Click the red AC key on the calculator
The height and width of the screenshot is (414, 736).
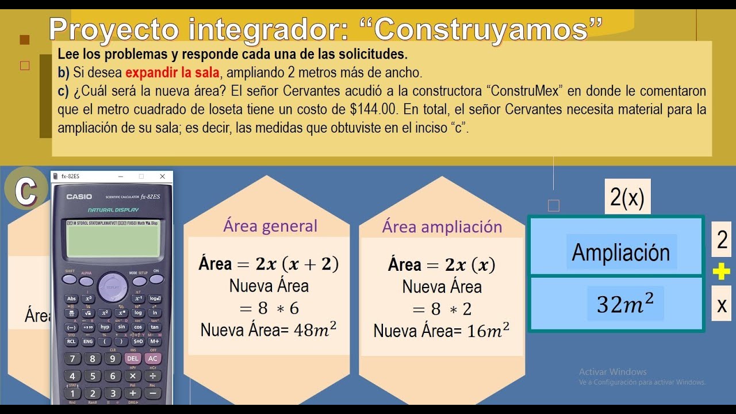[153, 358]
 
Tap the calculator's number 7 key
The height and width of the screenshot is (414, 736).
[72, 358]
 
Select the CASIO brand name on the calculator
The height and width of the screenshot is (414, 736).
[79, 197]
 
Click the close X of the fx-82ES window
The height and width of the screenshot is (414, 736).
[162, 177]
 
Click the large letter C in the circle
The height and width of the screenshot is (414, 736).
[25, 190]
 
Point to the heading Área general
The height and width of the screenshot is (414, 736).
[270, 226]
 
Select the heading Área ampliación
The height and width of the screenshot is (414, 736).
[442, 227]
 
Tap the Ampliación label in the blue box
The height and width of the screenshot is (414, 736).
[620, 252]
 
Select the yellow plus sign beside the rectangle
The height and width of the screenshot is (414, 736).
[721, 272]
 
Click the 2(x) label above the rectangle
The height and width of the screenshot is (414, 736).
[627, 198]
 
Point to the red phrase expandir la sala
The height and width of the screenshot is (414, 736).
[172, 73]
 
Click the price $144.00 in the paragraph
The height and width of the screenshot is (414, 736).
[374, 109]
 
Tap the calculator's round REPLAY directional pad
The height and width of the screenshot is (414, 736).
[113, 286]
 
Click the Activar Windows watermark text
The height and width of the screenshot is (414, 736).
[612, 372]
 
